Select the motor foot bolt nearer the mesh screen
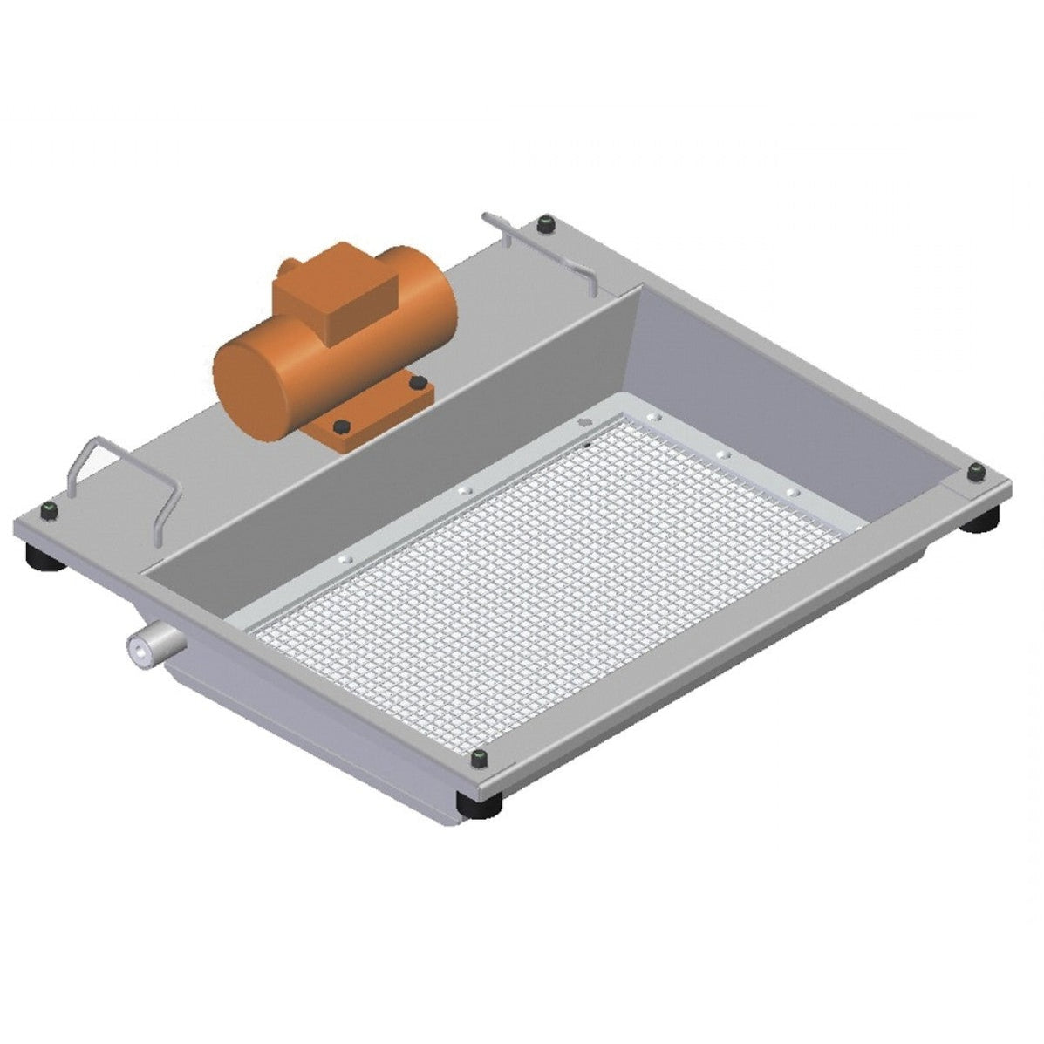click(x=343, y=426)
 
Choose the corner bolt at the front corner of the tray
click(x=478, y=760)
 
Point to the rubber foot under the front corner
click(x=478, y=807)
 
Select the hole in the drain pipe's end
click(x=137, y=648)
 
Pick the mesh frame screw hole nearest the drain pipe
click(x=344, y=556)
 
